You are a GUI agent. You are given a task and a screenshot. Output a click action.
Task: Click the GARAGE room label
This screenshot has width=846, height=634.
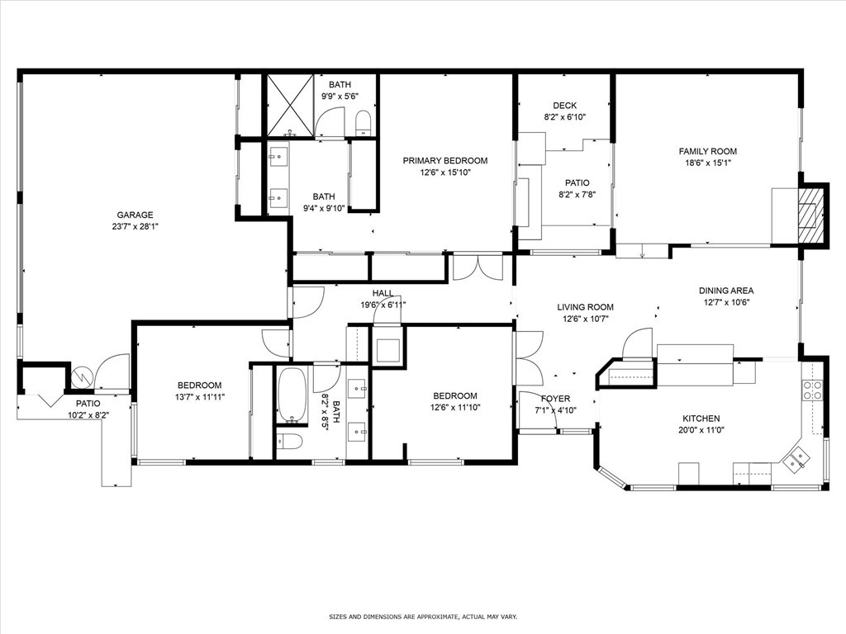click(x=135, y=215)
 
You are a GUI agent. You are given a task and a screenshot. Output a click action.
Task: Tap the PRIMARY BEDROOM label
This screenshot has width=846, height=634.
click(x=445, y=161)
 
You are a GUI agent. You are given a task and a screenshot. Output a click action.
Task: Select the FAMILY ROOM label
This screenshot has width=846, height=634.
click(x=707, y=152)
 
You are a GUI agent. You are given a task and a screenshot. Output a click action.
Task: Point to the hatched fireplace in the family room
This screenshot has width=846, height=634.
click(x=813, y=214)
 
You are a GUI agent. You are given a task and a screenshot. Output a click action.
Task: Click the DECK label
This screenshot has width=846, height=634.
click(x=564, y=106)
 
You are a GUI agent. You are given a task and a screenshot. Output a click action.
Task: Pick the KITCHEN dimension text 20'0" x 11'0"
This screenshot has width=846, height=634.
click(x=701, y=429)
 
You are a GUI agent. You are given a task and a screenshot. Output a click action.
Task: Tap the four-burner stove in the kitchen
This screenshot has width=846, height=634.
click(x=812, y=390)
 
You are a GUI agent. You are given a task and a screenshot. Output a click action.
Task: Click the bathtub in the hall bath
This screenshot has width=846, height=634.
click(x=292, y=395)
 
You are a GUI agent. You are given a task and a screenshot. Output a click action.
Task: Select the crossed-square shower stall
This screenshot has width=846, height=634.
click(x=290, y=105)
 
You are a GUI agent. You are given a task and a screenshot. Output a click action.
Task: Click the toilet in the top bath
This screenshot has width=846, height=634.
click(x=364, y=123)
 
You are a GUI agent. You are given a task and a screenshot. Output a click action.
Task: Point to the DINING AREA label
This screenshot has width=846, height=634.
click(x=726, y=291)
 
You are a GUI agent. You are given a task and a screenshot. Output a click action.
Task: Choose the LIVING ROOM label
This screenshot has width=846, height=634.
click(x=585, y=307)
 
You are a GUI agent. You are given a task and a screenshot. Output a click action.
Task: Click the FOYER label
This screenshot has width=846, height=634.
click(x=555, y=399)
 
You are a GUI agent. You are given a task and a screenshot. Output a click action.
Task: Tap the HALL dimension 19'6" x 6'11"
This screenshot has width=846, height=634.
click(x=383, y=305)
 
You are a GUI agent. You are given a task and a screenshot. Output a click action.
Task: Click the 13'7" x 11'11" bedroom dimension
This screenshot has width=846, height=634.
click(x=200, y=397)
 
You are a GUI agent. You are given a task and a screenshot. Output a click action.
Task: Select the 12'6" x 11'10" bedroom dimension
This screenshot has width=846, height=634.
click(x=455, y=408)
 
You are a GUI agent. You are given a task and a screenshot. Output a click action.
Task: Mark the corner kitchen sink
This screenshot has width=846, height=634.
click(x=796, y=459)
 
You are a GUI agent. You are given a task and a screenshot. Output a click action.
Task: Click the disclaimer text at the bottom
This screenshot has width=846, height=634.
click(x=423, y=616)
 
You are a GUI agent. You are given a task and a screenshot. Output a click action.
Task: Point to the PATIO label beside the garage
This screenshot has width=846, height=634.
click(x=88, y=403)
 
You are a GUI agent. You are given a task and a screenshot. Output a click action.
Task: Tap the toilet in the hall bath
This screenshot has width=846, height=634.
click(x=288, y=442)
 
